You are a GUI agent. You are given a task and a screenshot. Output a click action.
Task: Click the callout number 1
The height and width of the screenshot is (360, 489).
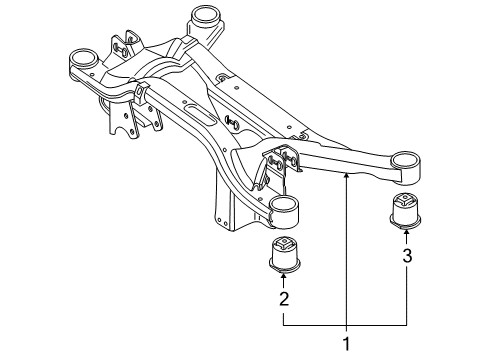point(347,344)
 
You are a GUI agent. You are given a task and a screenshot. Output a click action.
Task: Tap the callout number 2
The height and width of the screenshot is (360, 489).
point(284,299)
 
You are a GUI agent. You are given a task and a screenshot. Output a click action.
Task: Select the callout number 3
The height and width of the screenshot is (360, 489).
point(407,256)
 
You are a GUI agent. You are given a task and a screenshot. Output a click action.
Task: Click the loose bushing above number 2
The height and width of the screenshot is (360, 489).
point(285,254)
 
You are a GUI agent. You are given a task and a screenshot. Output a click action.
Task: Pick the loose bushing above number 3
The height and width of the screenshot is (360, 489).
point(405,211)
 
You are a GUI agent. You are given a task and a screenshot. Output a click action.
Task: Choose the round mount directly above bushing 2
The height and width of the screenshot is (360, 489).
point(283,213)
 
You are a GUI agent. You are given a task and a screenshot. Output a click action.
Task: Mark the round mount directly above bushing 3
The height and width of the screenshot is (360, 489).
point(405,168)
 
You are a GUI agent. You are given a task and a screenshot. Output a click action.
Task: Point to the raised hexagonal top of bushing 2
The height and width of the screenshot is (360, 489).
point(285,242)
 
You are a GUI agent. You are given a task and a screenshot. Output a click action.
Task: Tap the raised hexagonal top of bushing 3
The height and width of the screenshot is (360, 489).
point(405,199)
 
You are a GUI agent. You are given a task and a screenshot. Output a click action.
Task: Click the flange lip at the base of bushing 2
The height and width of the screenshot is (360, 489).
point(285,268)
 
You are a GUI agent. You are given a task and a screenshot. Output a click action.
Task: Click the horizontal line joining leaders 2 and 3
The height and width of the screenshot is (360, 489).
point(345,325)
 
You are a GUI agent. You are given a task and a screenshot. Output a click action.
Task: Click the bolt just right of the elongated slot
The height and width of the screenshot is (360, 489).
point(232,122)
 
